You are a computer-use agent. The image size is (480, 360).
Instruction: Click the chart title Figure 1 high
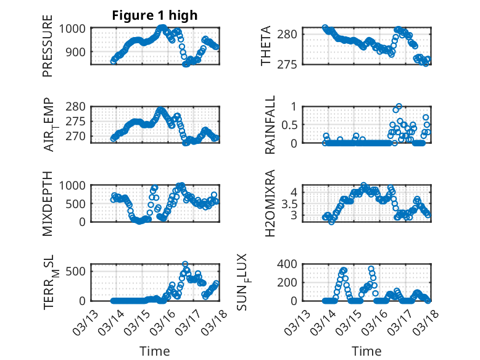click(x=155, y=15)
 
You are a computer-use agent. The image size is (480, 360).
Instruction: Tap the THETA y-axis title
click(x=266, y=46)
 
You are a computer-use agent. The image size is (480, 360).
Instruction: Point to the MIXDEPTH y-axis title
click(x=48, y=203)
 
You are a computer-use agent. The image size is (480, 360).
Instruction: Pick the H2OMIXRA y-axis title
click(x=270, y=203)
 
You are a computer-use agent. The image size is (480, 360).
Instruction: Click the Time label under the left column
click(x=155, y=351)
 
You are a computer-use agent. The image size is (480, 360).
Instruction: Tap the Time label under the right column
click(x=366, y=351)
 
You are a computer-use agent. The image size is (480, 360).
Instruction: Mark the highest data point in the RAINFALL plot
click(x=399, y=106)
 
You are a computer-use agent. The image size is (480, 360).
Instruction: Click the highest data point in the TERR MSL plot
click(x=185, y=264)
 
